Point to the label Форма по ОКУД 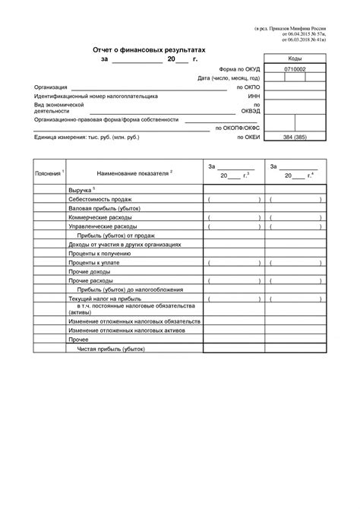238,68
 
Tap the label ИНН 254,97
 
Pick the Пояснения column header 49,173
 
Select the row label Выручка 80,189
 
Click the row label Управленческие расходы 103,226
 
